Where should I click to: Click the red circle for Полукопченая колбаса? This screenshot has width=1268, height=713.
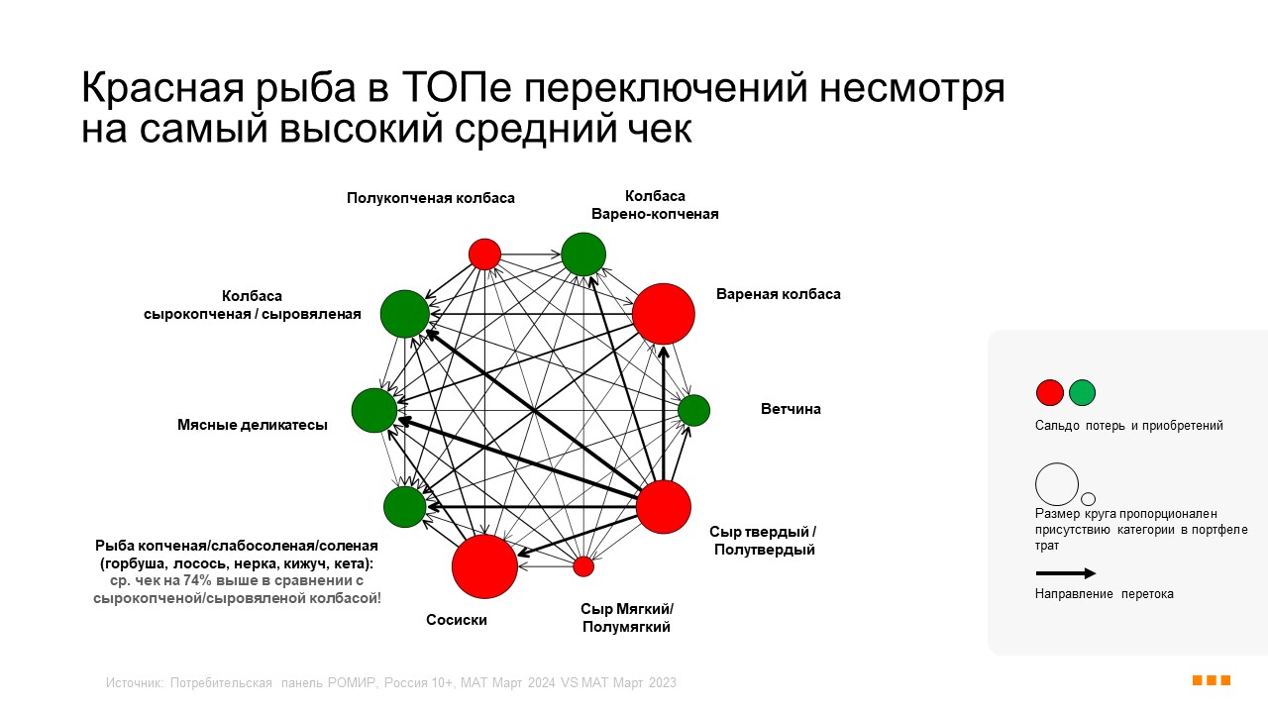click(484, 255)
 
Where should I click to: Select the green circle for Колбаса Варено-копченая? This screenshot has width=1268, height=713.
click(583, 255)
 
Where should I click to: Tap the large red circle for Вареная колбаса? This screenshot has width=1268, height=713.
click(664, 314)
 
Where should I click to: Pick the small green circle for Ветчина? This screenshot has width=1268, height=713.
click(693, 410)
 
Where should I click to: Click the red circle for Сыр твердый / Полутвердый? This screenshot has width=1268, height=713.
click(663, 506)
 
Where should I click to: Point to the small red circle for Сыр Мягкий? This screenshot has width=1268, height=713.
click(583, 566)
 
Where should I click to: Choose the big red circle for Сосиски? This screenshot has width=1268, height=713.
click(484, 565)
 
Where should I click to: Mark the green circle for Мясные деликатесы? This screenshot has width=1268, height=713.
click(374, 410)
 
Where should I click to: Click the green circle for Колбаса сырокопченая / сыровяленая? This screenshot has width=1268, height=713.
click(404, 314)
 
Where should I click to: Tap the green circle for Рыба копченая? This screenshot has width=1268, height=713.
click(404, 506)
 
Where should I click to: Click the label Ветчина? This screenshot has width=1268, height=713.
click(791, 409)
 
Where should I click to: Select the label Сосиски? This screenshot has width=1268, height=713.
click(457, 620)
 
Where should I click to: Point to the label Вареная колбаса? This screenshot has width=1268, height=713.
click(779, 294)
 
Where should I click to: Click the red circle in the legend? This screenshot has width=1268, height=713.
click(1050, 393)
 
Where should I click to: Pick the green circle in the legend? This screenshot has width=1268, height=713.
click(1082, 393)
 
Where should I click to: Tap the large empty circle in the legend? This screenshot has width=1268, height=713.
click(1057, 484)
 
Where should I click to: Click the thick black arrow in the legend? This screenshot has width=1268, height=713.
click(1066, 573)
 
